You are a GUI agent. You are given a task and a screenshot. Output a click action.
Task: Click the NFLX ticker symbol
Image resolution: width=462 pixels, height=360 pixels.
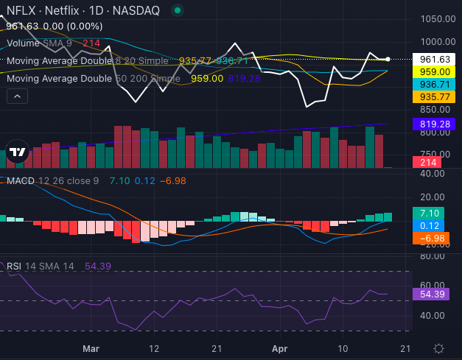click(19, 11)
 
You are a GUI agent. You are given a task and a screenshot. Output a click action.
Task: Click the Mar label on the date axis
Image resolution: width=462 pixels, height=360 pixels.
click(91, 347)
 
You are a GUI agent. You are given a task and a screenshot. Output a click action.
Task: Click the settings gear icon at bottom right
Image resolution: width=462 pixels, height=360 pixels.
click(439, 347)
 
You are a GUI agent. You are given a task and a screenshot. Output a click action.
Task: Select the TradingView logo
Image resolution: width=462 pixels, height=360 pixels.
click(17, 152)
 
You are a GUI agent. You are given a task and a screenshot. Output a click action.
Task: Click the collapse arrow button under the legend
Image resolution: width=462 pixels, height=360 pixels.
click(17, 96)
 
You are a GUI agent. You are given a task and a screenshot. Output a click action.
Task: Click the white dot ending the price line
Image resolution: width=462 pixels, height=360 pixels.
click(388, 59)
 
